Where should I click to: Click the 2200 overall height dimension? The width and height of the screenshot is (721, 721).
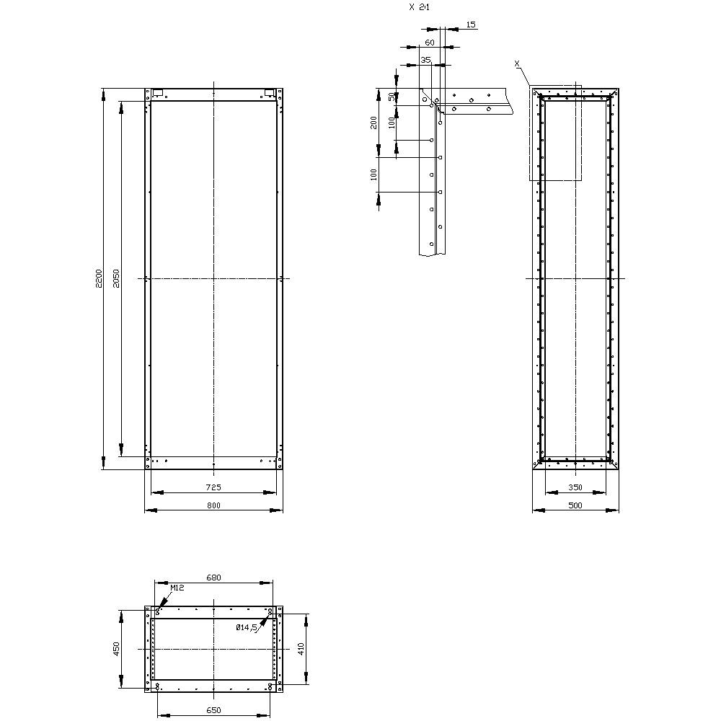(99, 279)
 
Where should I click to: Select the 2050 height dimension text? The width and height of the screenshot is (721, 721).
(117, 279)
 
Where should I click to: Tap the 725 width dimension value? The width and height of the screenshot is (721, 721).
(213, 487)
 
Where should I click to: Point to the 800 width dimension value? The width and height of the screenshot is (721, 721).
(213, 505)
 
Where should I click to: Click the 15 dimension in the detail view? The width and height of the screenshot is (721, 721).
(471, 25)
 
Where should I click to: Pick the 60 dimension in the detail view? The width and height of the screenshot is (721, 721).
(430, 43)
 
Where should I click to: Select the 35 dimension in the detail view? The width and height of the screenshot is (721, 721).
(425, 61)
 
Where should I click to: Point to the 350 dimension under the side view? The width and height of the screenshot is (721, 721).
(575, 487)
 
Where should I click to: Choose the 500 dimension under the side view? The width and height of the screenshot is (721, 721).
(575, 505)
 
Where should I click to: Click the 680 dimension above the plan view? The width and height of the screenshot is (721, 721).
(213, 578)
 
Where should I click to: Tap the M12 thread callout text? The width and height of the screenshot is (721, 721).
(177, 588)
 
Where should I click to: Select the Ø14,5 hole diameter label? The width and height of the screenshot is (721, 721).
(247, 628)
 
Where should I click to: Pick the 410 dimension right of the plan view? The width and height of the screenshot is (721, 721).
(302, 649)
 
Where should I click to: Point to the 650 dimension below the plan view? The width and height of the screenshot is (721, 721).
(213, 710)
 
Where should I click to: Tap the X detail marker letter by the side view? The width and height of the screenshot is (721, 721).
(517, 64)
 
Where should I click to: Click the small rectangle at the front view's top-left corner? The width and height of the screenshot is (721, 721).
(157, 92)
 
